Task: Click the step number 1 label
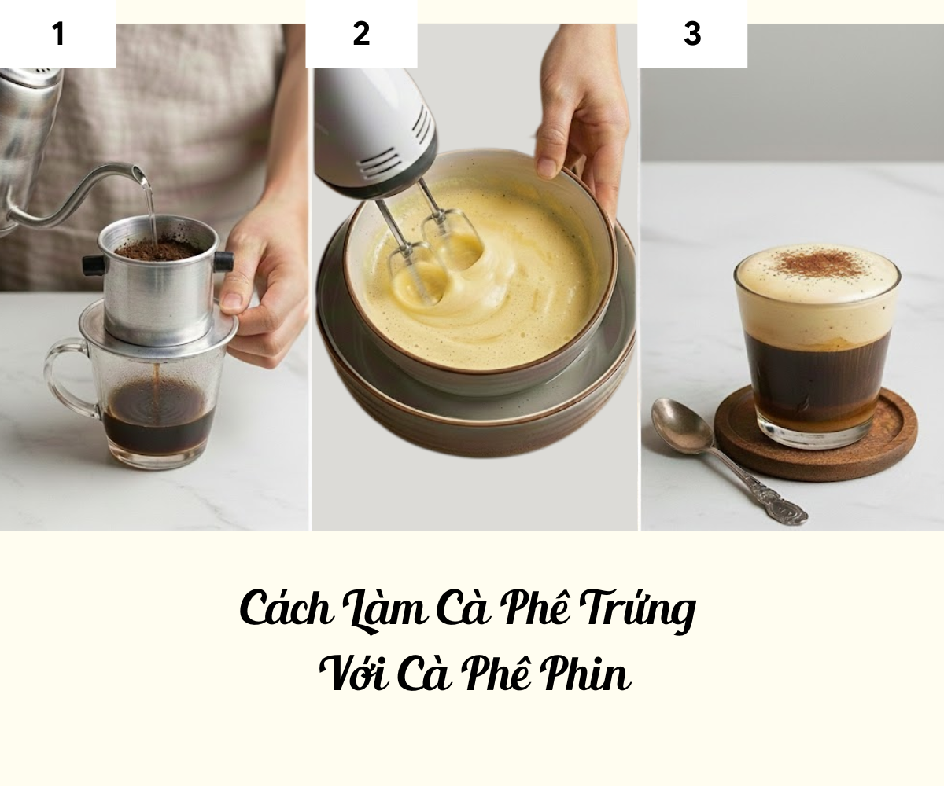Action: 59,34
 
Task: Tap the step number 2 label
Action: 361,34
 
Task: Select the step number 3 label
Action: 692,34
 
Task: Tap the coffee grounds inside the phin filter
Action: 155,250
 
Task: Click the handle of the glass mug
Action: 68,377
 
